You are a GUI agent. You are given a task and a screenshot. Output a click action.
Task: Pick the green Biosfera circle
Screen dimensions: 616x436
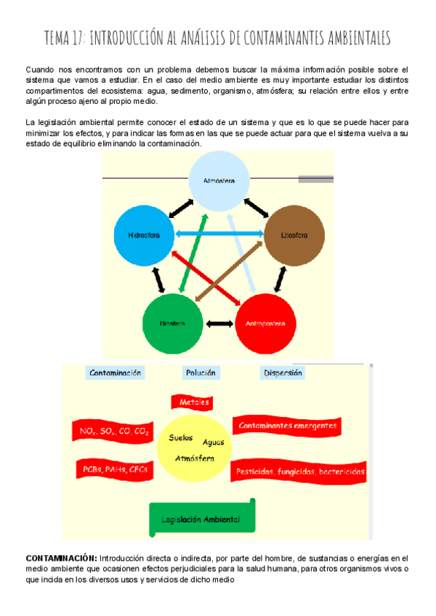[173, 322]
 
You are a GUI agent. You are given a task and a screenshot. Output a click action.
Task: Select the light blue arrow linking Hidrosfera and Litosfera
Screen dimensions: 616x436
[219, 234]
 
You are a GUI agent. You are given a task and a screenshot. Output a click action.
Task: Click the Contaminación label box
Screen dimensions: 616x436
[114, 373]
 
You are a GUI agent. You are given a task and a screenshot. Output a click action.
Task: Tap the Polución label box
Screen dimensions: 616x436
[201, 373]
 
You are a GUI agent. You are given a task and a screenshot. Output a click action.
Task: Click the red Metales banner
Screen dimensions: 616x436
[192, 402]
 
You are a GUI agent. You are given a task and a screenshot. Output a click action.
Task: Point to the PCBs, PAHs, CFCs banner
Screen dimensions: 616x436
[113, 469]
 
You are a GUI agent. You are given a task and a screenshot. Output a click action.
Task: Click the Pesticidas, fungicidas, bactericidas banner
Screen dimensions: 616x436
[299, 471]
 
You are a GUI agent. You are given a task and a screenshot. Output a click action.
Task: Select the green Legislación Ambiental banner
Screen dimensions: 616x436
[201, 519]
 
